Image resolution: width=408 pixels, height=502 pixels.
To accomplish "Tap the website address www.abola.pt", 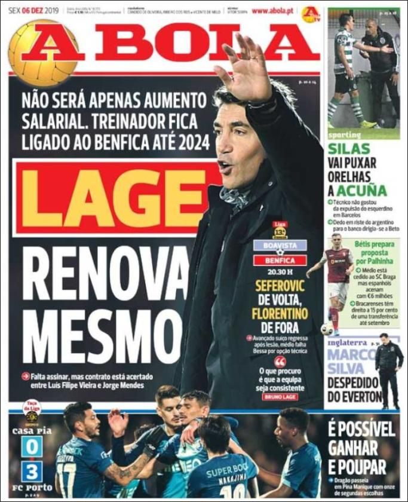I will point(272,11).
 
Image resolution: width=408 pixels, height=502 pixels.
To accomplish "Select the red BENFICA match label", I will point(280,261).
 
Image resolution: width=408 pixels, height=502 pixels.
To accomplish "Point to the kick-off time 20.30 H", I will point(280,273).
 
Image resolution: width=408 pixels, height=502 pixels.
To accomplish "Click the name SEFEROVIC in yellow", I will point(280,286).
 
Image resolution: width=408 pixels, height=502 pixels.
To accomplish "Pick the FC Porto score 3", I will point(32,471).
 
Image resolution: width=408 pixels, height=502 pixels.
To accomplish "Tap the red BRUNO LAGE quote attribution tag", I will point(280,396).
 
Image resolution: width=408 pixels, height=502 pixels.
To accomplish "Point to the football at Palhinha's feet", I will point(326,329).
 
